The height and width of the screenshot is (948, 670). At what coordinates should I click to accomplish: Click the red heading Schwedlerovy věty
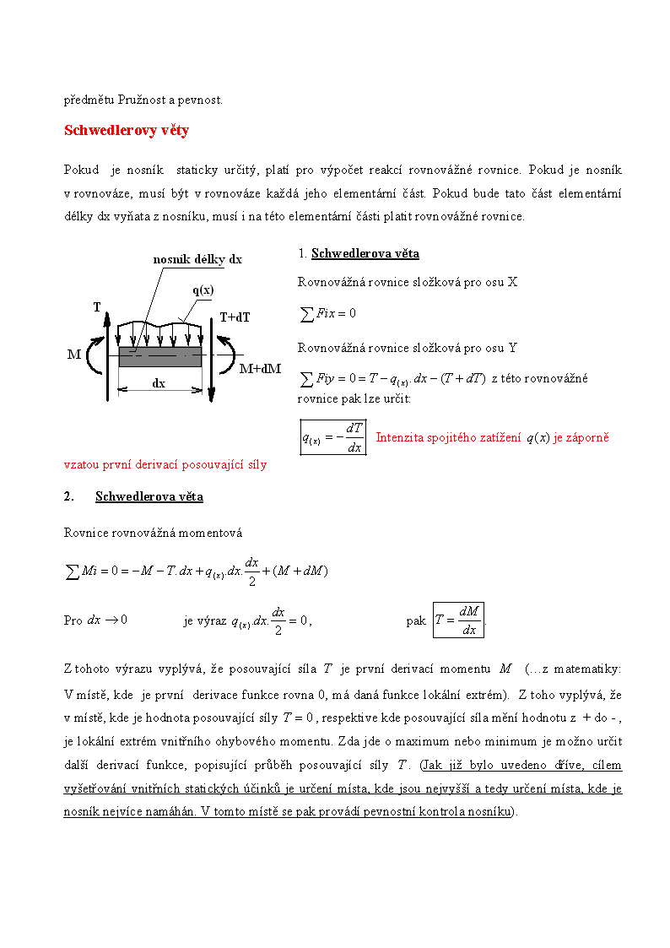coord(127,131)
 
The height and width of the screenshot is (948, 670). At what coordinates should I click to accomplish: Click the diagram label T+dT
coord(235,318)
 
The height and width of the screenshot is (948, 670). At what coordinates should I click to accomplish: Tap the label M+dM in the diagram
coord(260,369)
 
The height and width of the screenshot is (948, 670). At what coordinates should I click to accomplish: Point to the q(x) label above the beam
coord(203,290)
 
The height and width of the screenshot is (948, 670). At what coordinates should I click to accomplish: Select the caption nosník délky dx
coord(197,260)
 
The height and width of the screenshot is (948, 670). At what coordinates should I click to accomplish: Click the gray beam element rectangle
coord(160,356)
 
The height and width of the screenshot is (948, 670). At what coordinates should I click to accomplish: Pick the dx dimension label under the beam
coord(159,382)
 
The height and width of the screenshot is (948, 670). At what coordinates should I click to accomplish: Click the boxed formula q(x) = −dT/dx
coord(333,437)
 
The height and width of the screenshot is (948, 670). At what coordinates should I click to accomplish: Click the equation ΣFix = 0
coord(329,314)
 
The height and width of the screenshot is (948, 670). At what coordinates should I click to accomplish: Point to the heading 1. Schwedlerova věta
coord(359,254)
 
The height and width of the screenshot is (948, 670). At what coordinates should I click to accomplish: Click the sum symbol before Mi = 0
coord(73,572)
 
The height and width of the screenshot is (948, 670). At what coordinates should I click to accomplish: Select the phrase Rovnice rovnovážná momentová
coord(153,533)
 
